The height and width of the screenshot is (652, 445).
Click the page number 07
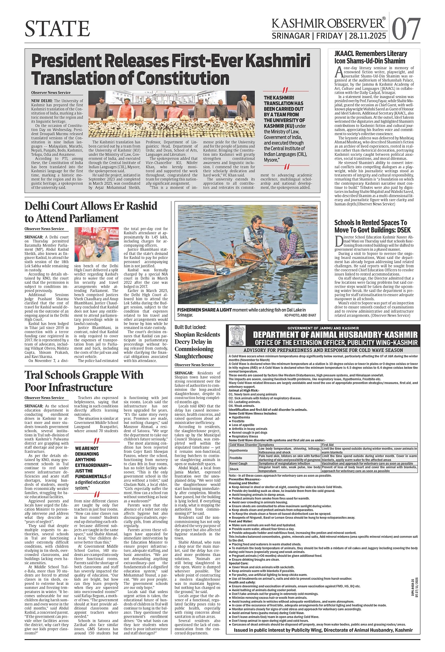coord(406,29)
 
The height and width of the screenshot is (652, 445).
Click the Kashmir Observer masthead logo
coord(328,23)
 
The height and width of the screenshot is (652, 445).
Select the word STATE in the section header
coord(57,29)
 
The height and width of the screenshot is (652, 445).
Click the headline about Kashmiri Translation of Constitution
coord(171,69)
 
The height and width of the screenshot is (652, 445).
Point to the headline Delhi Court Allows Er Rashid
coord(91,212)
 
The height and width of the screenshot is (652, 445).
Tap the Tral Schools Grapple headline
coord(84,381)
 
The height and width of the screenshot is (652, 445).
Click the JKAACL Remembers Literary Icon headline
coord(370,57)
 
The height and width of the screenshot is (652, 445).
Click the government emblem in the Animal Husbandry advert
coord(237,335)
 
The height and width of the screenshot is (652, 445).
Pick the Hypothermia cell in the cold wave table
coord(239,450)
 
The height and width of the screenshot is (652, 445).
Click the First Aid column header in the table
coord(328,445)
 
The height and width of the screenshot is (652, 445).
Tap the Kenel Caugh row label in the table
coord(239,463)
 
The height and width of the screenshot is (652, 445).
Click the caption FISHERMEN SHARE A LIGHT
coord(205,310)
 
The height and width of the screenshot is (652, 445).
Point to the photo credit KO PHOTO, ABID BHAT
coord(300,315)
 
